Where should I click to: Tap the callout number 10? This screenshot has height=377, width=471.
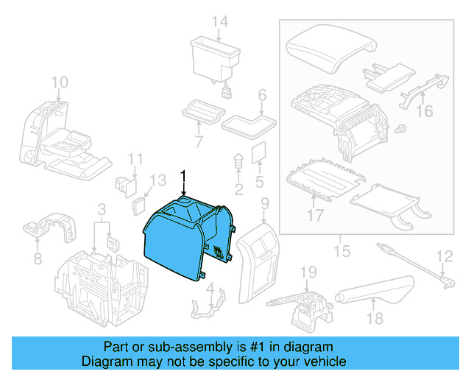pyautogui.click(x=60, y=81)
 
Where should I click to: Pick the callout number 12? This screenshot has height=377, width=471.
pyautogui.click(x=445, y=257)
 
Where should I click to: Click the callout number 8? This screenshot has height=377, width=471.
pyautogui.click(x=38, y=258)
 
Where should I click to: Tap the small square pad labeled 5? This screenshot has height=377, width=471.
pyautogui.click(x=258, y=152)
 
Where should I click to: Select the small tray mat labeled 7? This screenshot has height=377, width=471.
pyautogui.click(x=202, y=112)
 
